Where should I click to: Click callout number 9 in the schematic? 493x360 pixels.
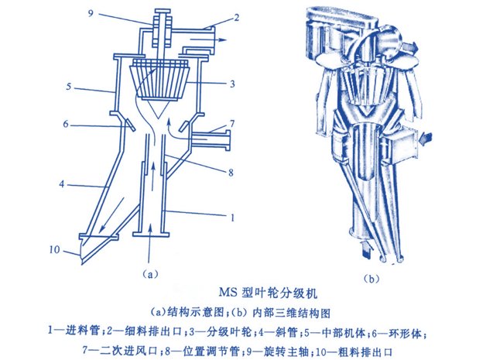click(x=91, y=14)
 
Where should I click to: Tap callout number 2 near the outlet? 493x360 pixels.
click(x=236, y=18)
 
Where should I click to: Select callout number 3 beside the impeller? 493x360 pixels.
click(x=232, y=84)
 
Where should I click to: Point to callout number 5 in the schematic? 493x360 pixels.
click(x=69, y=86)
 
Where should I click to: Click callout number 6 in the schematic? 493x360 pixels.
click(x=65, y=124)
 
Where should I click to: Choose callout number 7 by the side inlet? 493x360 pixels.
click(x=232, y=124)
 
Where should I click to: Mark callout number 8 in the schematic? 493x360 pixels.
click(x=231, y=173)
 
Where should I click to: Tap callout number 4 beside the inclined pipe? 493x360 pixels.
click(x=62, y=184)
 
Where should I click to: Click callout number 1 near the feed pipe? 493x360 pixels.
click(x=232, y=218)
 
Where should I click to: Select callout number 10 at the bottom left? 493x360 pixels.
click(x=54, y=250)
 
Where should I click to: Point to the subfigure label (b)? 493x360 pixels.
click(x=371, y=279)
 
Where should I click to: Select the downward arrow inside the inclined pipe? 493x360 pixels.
click(x=111, y=215)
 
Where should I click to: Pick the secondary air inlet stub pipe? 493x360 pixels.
click(x=211, y=139)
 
